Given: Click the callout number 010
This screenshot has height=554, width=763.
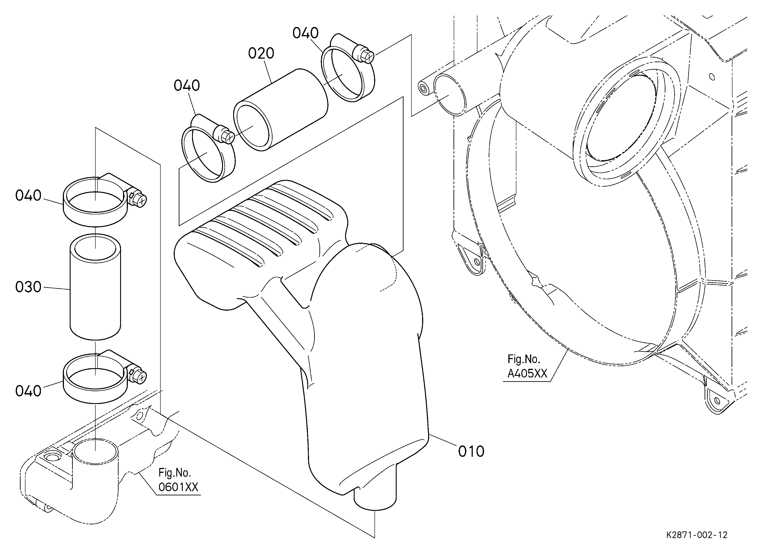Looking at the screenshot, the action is [x=471, y=451].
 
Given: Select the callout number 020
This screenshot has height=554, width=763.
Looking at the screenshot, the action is [x=261, y=54].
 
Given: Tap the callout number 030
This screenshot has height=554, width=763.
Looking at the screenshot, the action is [x=28, y=287].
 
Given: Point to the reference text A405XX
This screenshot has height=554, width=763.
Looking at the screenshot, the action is [x=527, y=374].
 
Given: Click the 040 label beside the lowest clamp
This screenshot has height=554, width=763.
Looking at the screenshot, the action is [x=28, y=391].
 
